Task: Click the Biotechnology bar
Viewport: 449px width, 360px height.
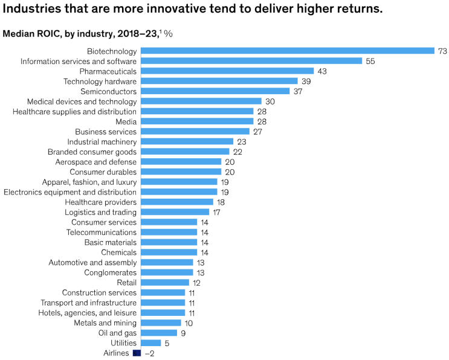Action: point(288,51)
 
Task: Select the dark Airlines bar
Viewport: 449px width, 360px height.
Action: point(137,353)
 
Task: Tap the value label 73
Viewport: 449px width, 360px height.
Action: point(442,51)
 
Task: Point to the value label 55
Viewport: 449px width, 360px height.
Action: point(370,61)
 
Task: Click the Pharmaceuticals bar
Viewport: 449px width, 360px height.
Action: point(227,71)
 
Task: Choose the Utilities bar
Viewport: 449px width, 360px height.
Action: point(150,342)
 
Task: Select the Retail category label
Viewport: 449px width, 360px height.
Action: point(126,282)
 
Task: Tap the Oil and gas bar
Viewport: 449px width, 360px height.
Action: point(159,333)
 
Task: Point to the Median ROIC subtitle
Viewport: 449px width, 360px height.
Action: point(88,34)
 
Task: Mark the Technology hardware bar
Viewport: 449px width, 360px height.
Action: point(219,81)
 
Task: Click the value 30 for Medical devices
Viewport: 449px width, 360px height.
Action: point(270,101)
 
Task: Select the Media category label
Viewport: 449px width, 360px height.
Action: point(126,121)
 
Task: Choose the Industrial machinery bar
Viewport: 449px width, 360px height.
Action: point(187,141)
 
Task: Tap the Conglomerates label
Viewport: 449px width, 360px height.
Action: point(111,272)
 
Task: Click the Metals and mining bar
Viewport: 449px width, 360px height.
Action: point(161,323)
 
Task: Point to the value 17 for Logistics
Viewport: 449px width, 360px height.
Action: point(218,212)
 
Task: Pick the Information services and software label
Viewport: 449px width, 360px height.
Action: point(79,61)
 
